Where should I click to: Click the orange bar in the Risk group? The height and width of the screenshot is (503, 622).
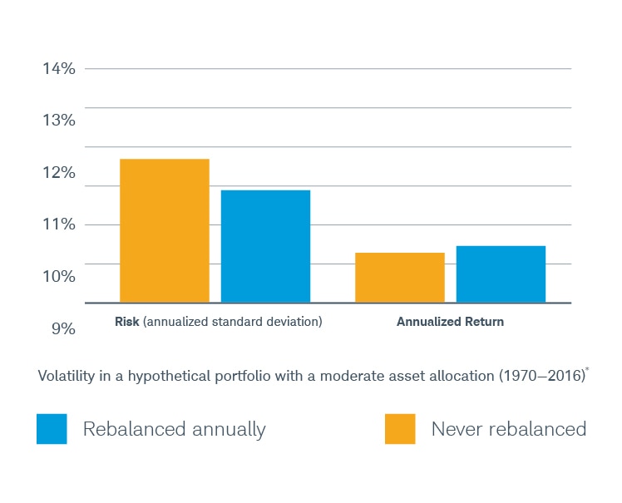point(165,230)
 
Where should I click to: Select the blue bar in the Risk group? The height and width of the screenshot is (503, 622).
point(265,246)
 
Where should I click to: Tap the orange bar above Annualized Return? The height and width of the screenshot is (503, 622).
point(399,277)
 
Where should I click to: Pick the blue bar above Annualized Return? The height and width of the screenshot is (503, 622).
point(501,274)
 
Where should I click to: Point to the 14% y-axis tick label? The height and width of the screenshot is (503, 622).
point(59,69)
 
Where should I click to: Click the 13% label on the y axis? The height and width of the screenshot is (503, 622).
point(59,121)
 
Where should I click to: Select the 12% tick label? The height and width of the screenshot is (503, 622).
point(59,173)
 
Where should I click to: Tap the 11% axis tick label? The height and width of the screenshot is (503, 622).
point(59,224)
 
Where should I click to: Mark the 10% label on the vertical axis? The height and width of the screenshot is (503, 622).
point(59,277)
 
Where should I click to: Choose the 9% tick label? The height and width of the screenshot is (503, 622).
point(63,329)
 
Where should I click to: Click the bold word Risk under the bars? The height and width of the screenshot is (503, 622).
point(126,322)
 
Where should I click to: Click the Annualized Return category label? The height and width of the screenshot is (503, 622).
point(450,322)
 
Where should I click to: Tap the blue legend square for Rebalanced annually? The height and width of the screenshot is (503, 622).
point(52,429)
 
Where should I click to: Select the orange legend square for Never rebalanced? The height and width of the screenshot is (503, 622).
point(399,429)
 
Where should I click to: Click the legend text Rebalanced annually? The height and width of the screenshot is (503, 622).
point(174,429)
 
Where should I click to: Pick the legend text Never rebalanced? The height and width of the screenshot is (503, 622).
point(508,429)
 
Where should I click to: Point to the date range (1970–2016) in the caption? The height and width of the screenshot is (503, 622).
point(540,377)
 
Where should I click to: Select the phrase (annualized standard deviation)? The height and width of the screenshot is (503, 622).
point(232,322)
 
